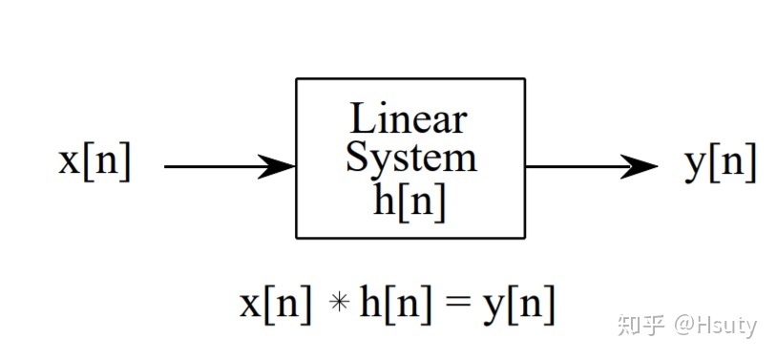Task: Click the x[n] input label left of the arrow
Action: (94, 161)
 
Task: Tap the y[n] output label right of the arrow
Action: (721, 163)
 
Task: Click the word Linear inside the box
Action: (409, 119)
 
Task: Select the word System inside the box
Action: (410, 158)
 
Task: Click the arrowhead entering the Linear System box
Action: (279, 166)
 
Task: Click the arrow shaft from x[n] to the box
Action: (215, 166)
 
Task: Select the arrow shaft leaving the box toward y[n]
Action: (573, 166)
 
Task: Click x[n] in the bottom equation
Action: (275, 305)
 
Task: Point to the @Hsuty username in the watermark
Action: (716, 325)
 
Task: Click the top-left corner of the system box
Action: (297, 79)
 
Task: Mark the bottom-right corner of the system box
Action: (525, 237)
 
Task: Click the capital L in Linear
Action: (361, 119)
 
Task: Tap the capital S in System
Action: (356, 158)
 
